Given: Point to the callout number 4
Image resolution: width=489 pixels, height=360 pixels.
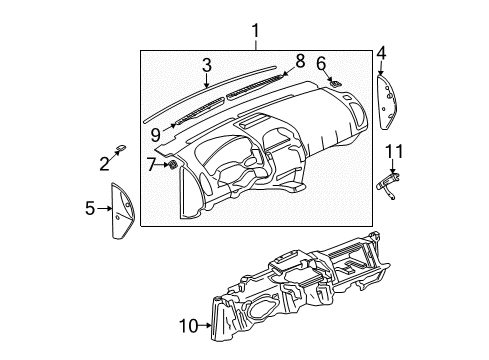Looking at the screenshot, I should click(381, 52).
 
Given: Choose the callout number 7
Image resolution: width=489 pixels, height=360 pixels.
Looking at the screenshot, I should click(152, 162).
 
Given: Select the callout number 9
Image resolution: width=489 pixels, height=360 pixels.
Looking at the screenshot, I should click(156, 131).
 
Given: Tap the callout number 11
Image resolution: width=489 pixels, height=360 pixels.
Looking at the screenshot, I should click(394, 151).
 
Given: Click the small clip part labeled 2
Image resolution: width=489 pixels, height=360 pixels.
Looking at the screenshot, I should click(119, 148).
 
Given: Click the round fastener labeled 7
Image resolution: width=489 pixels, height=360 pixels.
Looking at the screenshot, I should click(172, 163).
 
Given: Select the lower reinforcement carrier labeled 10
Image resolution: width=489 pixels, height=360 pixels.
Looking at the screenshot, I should click(300, 275).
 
